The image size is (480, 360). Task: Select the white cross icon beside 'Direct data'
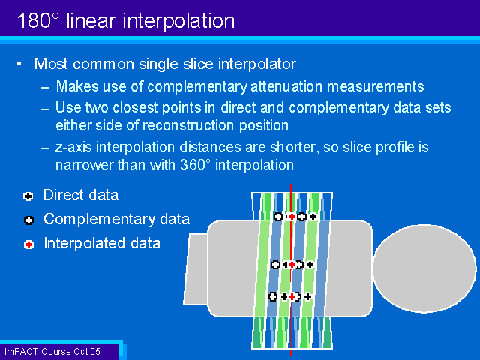pos(28,196)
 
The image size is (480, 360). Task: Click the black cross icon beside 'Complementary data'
pos(28,220)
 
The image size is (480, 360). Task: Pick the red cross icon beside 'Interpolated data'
pos(28,244)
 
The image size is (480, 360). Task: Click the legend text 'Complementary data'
pos(116,220)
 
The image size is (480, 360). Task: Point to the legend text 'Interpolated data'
pos(102,243)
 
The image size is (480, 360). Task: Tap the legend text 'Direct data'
pos(81,196)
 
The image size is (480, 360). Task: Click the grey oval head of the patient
pos(424,270)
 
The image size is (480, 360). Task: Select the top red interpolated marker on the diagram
pos(291,217)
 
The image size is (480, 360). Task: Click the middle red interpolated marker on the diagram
pos(292,265)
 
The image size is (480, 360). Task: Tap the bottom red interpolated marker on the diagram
pos(291,297)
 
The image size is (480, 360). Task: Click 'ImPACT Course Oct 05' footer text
pos(52,351)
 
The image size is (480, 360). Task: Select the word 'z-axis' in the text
pos(76,148)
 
